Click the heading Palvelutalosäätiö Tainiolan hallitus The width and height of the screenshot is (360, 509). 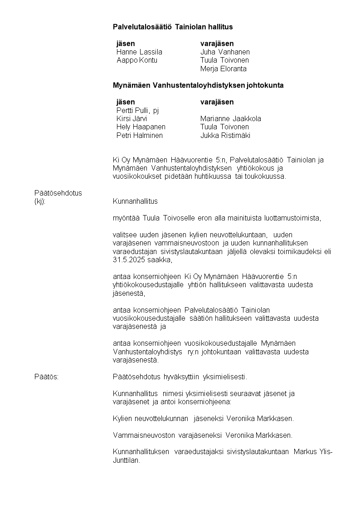click(x=172, y=27)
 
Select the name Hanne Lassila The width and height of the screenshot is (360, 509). click(x=139, y=52)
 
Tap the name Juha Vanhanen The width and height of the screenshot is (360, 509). click(x=225, y=52)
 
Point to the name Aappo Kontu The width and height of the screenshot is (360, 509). click(x=137, y=60)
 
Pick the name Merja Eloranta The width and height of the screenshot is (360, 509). click(x=224, y=69)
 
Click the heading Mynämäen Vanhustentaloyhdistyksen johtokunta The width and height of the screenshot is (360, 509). click(x=198, y=85)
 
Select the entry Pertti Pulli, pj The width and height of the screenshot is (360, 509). click(x=137, y=110)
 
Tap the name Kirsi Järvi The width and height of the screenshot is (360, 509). click(x=131, y=119)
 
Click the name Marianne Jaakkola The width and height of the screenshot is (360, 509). click(x=231, y=119)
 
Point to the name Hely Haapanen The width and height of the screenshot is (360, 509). click(x=141, y=127)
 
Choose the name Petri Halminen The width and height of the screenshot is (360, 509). click(x=140, y=135)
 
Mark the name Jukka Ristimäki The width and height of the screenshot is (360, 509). click(x=225, y=135)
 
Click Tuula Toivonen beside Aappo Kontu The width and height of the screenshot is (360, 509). click(x=224, y=60)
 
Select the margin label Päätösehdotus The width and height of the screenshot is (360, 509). click(x=58, y=193)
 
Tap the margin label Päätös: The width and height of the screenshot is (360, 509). click(x=47, y=377)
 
